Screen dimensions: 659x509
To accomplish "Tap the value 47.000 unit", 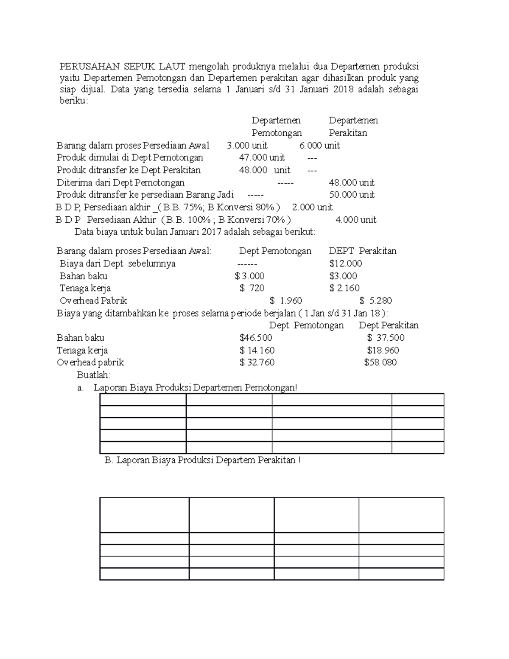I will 262,158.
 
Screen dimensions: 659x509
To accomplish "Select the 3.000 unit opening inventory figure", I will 247,146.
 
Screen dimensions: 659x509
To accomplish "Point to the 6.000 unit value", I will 319,146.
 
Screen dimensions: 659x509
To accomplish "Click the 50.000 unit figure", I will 352,195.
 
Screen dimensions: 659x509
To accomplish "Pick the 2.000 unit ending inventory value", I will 312,207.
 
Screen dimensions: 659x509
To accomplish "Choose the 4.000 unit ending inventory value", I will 355,220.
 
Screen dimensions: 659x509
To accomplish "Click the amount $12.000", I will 345,264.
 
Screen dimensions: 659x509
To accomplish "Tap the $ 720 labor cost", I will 252,288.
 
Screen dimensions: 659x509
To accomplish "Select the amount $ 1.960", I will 285,301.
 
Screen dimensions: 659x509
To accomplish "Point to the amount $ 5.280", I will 375,301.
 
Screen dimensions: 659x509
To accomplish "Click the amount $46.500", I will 255,338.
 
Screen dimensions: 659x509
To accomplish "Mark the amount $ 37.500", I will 386,338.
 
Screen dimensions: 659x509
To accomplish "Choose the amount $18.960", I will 383,351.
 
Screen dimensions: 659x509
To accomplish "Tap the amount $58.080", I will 380,362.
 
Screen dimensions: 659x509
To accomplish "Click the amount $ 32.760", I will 257,362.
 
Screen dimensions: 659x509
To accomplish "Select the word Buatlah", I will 93,375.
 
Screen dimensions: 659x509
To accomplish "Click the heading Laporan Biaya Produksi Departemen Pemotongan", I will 195,387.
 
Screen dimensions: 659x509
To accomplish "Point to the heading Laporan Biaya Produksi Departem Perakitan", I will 202,460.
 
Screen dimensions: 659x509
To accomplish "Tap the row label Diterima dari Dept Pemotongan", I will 120,183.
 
